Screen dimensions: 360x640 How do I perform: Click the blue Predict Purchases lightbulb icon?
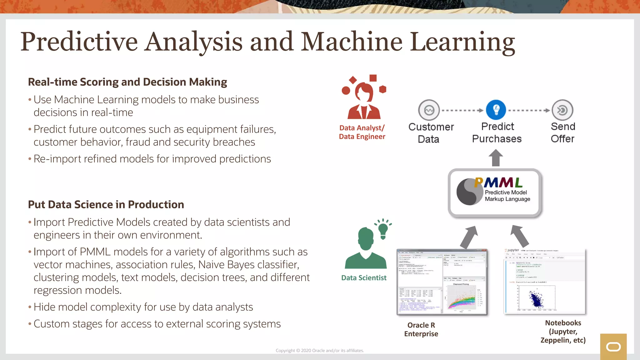point(496,110)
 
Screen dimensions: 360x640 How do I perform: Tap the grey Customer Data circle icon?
point(429,110)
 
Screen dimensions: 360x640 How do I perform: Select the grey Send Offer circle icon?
point(562,110)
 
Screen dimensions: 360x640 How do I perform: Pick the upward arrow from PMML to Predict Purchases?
point(496,158)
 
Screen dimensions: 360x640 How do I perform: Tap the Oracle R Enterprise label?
point(421,329)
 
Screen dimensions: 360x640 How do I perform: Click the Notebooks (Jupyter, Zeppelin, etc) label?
point(563,331)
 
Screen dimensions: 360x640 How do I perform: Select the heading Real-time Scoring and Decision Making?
point(127,82)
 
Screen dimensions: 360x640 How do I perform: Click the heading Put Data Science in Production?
point(106,204)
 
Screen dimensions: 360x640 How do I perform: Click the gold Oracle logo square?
point(613,347)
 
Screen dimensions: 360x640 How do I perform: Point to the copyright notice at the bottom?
point(320,351)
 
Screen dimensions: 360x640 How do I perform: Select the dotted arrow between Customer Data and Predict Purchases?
point(462,110)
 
